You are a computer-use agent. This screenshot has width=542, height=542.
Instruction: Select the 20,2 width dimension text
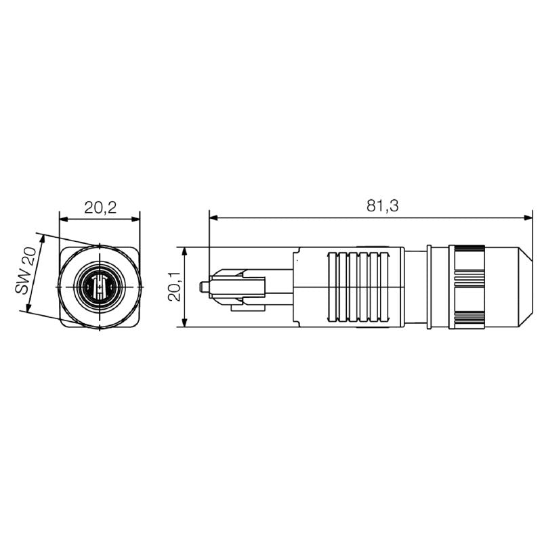coord(100,208)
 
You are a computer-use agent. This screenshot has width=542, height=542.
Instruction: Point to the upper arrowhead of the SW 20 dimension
coord(40,238)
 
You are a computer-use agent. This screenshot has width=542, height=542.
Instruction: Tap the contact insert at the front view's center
coord(100,287)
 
